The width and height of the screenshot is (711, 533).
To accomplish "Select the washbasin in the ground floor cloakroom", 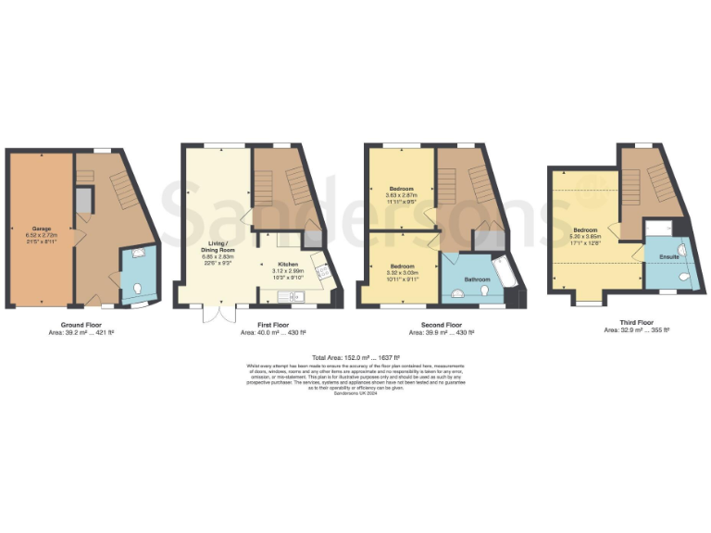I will [139, 253].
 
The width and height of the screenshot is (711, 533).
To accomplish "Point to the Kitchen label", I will [289, 264].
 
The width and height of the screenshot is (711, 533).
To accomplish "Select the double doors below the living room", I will [215, 316].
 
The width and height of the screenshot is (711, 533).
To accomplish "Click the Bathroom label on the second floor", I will [477, 278].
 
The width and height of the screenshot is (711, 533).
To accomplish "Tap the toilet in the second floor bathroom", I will [486, 291].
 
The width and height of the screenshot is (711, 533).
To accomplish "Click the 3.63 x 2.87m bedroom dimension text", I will [401, 195].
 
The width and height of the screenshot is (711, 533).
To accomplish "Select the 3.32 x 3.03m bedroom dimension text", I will [401, 273].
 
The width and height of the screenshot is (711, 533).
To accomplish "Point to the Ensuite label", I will [668, 256].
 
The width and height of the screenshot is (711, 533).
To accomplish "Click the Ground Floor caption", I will [81, 325].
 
